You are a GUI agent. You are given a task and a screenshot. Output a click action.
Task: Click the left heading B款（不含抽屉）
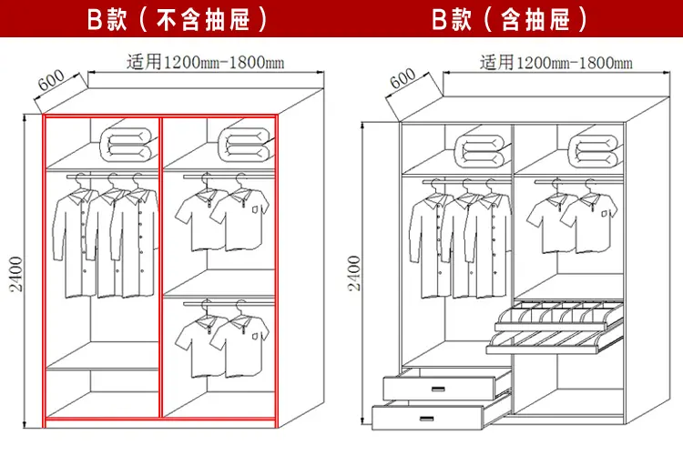pos(178,19)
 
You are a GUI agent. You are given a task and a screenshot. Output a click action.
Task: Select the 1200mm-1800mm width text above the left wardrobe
pos(206,63)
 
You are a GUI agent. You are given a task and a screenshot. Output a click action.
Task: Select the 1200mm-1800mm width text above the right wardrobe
pos(555,63)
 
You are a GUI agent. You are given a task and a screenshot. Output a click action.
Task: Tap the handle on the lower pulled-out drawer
pos(427,418)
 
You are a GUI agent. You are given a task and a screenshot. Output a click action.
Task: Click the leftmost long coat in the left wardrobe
pos(73,241)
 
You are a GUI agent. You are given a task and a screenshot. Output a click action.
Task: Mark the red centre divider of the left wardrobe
pos(161,273)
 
